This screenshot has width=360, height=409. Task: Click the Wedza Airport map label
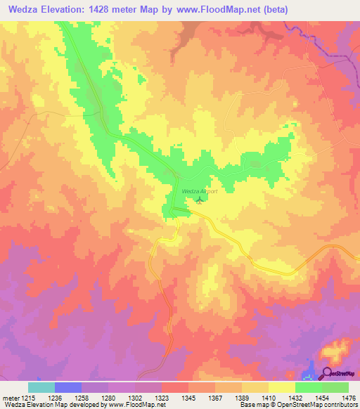[x=200, y=191]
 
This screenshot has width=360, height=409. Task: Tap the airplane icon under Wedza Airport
[x=199, y=200]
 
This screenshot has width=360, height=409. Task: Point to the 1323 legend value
[x=162, y=396]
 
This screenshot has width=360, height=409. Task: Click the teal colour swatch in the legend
[x=41, y=387]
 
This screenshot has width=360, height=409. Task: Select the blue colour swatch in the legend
[x=68, y=387]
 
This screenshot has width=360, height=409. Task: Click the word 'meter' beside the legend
[x=8, y=396]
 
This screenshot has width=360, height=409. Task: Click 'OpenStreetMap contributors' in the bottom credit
[x=323, y=405]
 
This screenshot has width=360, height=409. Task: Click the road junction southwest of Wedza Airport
[x=173, y=210]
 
